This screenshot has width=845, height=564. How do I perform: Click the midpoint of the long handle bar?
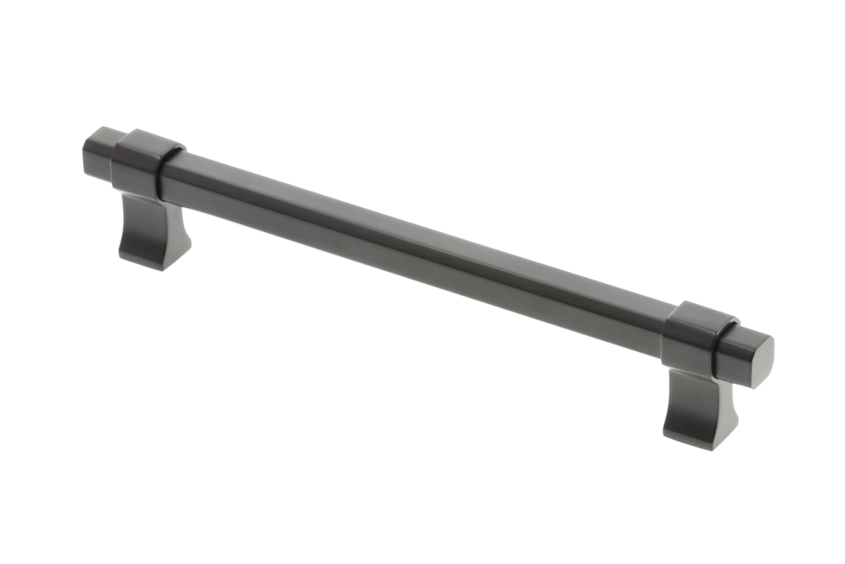[x=415, y=240]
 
